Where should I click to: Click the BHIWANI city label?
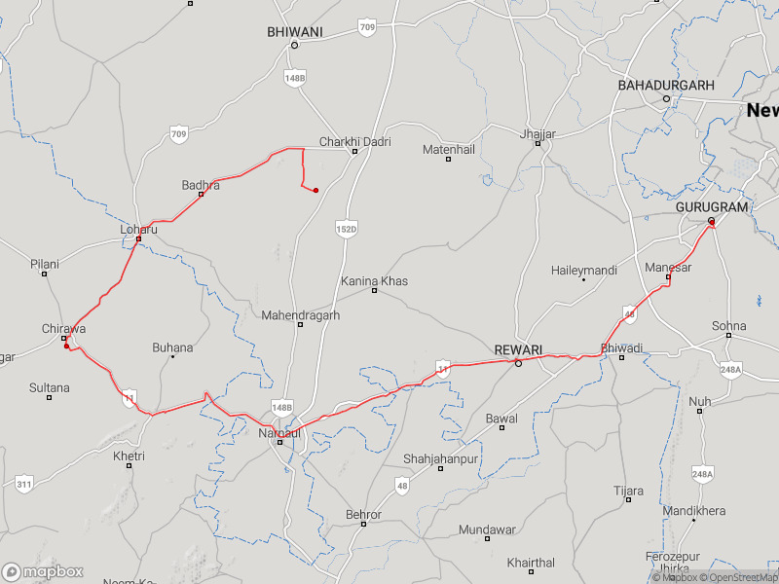(294, 32)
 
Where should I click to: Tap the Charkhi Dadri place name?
(354, 142)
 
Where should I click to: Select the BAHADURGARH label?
(666, 86)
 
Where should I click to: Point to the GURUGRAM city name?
(712, 207)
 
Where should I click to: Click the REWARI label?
(518, 350)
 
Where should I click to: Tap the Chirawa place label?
(63, 329)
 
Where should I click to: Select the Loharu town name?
(138, 230)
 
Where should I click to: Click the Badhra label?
(201, 185)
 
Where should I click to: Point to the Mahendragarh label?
(300, 315)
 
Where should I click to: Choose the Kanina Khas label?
(374, 281)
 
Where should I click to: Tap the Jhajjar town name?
(538, 133)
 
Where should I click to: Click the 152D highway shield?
(347, 228)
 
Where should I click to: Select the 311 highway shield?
(24, 482)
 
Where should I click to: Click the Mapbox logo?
(43, 571)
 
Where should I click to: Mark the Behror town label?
(364, 514)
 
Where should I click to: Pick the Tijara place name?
(628, 492)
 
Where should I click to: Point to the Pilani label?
(44, 264)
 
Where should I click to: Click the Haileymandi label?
(583, 270)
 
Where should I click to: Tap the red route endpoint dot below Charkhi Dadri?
(315, 190)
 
